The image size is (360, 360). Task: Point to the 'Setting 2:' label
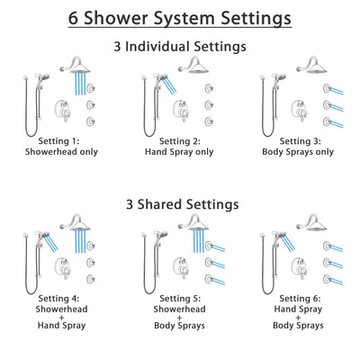[181, 141]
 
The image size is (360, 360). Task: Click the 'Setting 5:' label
[181, 298]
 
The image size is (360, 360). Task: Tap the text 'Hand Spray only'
[181, 153]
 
